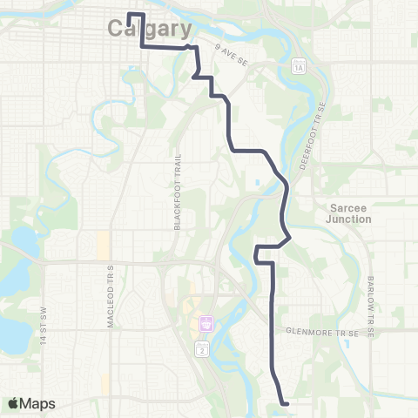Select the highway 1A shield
click(x=299, y=66)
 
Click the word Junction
click(x=350, y=219)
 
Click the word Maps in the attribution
click(x=37, y=403)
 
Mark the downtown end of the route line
click(x=130, y=15)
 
